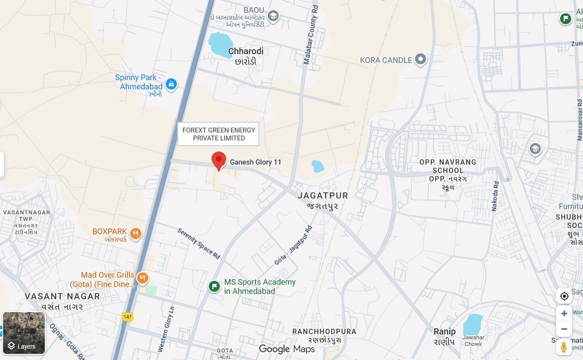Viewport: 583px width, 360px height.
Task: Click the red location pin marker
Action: pos(219,160)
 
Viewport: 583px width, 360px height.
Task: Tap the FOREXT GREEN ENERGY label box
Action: pos(219,134)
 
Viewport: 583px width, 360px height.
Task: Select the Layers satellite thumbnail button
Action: pos(24,333)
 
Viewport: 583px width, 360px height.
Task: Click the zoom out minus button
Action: pos(564,329)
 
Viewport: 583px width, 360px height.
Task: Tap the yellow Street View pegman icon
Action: pos(564,347)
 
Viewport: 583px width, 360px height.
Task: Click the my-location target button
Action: pos(564,296)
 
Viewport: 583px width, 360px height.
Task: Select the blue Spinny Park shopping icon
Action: pos(171,84)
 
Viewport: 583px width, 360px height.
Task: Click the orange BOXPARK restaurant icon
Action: pos(136,233)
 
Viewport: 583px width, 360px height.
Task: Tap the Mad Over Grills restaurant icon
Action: pos(142,278)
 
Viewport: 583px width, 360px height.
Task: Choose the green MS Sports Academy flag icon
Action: pos(214,287)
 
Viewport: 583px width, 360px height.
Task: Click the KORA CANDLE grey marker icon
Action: pos(421,59)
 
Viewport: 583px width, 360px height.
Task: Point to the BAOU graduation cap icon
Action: pos(273,16)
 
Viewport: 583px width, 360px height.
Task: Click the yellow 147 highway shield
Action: pos(128,316)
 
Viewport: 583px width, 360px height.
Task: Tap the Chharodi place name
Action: pos(246,51)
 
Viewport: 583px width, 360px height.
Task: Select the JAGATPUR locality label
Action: pos(323,196)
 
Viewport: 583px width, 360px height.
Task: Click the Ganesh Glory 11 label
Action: pos(255,162)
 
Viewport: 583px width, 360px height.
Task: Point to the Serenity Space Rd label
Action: pos(199,243)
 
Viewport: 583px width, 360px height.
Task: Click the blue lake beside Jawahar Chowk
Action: pos(472,324)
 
